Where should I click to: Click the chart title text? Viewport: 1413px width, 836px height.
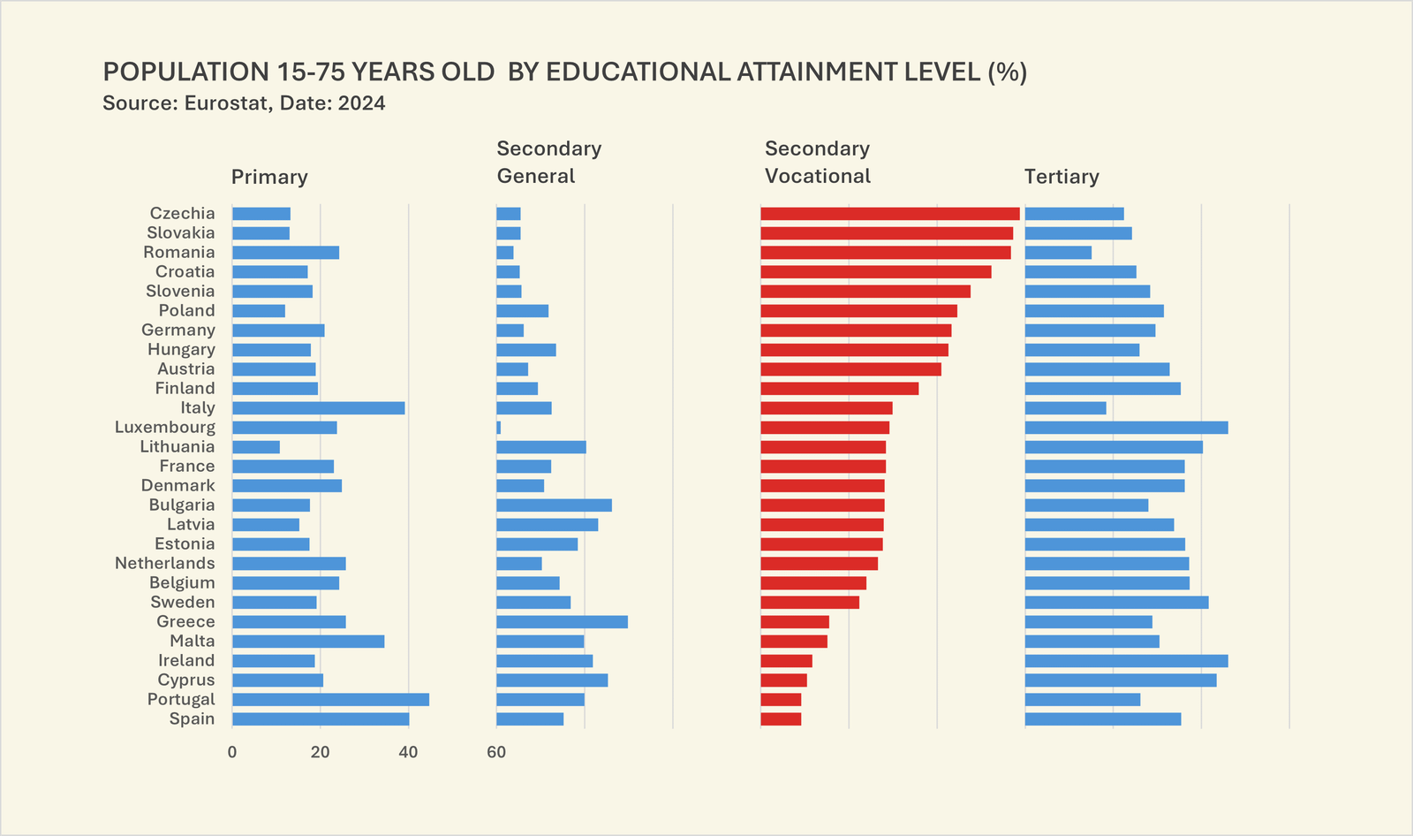point(564,72)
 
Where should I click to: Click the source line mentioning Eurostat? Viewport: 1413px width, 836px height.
point(244,103)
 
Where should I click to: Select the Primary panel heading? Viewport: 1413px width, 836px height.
point(269,177)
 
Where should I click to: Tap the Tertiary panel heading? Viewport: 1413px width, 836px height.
point(1062,177)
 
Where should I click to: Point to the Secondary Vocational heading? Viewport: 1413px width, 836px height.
point(817,163)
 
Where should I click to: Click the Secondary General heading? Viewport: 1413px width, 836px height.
point(548,163)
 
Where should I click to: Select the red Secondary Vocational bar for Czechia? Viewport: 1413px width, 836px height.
point(889,214)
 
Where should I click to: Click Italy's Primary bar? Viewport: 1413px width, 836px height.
point(318,408)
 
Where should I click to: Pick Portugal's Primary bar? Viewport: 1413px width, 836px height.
point(330,700)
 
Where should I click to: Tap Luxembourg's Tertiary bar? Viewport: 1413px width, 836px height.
point(1126,428)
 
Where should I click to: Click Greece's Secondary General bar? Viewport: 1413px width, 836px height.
point(562,622)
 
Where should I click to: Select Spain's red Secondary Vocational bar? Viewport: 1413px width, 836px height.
point(781,719)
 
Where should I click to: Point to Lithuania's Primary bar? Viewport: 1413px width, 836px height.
point(256,447)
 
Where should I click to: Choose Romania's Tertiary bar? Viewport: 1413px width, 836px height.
point(1058,253)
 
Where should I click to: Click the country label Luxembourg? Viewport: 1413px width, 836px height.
point(165,428)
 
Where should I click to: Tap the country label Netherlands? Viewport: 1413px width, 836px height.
point(165,564)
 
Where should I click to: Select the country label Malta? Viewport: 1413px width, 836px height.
point(193,642)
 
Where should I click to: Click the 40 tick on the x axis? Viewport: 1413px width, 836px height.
point(408,753)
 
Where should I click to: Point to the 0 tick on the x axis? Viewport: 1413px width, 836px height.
point(232,753)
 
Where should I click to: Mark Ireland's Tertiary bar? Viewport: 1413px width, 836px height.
point(1126,661)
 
